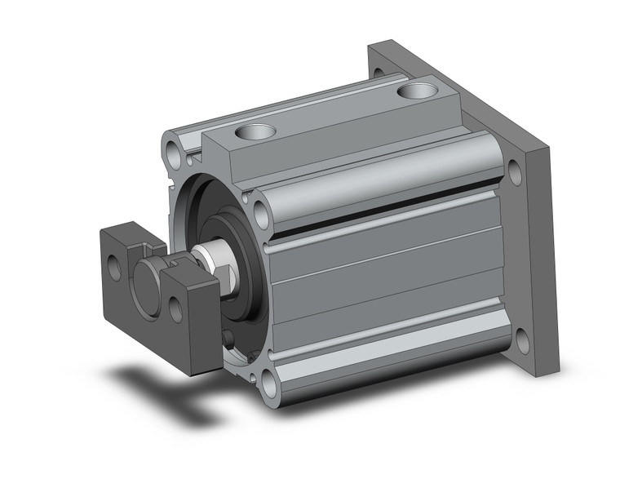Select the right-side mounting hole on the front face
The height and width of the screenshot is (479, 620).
point(263,214)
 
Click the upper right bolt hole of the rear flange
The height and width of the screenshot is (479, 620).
point(516,173)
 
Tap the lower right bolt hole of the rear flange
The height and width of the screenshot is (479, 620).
point(520,335)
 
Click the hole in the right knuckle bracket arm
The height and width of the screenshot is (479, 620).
point(175,306)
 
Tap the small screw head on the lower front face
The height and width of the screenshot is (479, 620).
point(232,339)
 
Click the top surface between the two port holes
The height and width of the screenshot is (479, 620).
point(334,110)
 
